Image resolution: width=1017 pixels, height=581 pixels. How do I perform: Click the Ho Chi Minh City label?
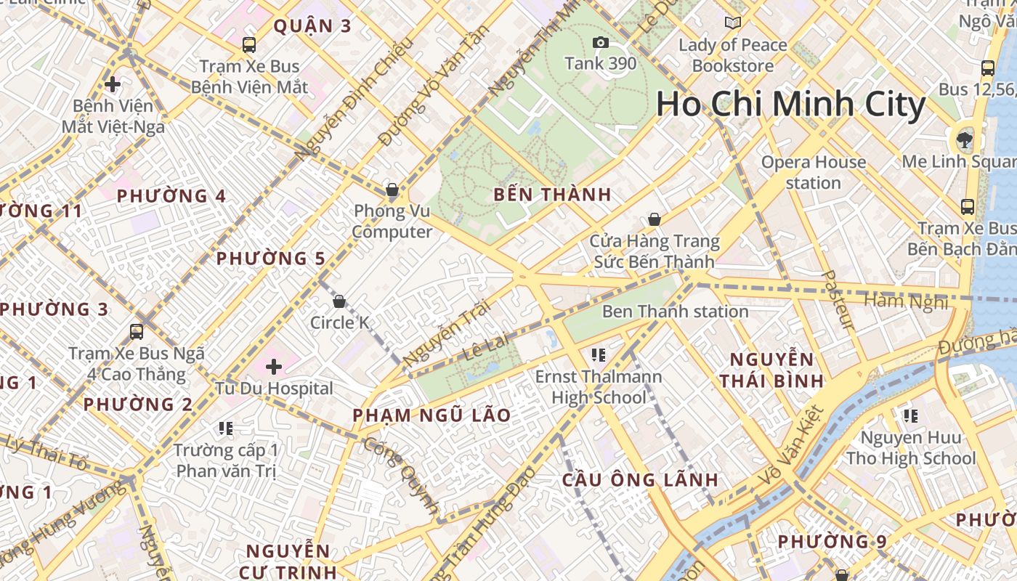[790, 104]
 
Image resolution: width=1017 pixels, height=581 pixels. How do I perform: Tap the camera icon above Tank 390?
[600, 43]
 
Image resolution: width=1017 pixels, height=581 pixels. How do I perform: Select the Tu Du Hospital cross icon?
[274, 367]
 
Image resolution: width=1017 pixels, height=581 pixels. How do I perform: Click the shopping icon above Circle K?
[339, 301]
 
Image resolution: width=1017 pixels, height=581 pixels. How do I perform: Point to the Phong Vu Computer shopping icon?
[392, 190]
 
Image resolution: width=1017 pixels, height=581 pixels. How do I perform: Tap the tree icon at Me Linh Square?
[964, 139]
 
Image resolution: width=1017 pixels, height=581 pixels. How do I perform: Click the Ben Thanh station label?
[675, 312]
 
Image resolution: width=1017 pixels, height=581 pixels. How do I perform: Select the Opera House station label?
[813, 172]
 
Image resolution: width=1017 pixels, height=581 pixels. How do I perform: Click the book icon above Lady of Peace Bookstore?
[733, 23]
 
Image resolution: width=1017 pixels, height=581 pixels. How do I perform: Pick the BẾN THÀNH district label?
[552, 195]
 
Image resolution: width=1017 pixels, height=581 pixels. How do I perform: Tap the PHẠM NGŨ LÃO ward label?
[431, 415]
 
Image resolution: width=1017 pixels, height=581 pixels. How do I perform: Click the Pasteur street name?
[838, 299]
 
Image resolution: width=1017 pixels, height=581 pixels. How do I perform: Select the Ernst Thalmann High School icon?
[599, 355]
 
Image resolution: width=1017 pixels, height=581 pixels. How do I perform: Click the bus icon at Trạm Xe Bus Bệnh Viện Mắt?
[249, 45]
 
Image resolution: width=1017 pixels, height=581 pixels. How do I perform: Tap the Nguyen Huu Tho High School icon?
[910, 416]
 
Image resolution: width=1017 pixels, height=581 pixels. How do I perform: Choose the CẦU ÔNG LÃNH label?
[640, 480]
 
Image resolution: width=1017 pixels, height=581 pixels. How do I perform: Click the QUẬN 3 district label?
[312, 27]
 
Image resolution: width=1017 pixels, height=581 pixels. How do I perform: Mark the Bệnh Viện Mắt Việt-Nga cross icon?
[113, 84]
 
